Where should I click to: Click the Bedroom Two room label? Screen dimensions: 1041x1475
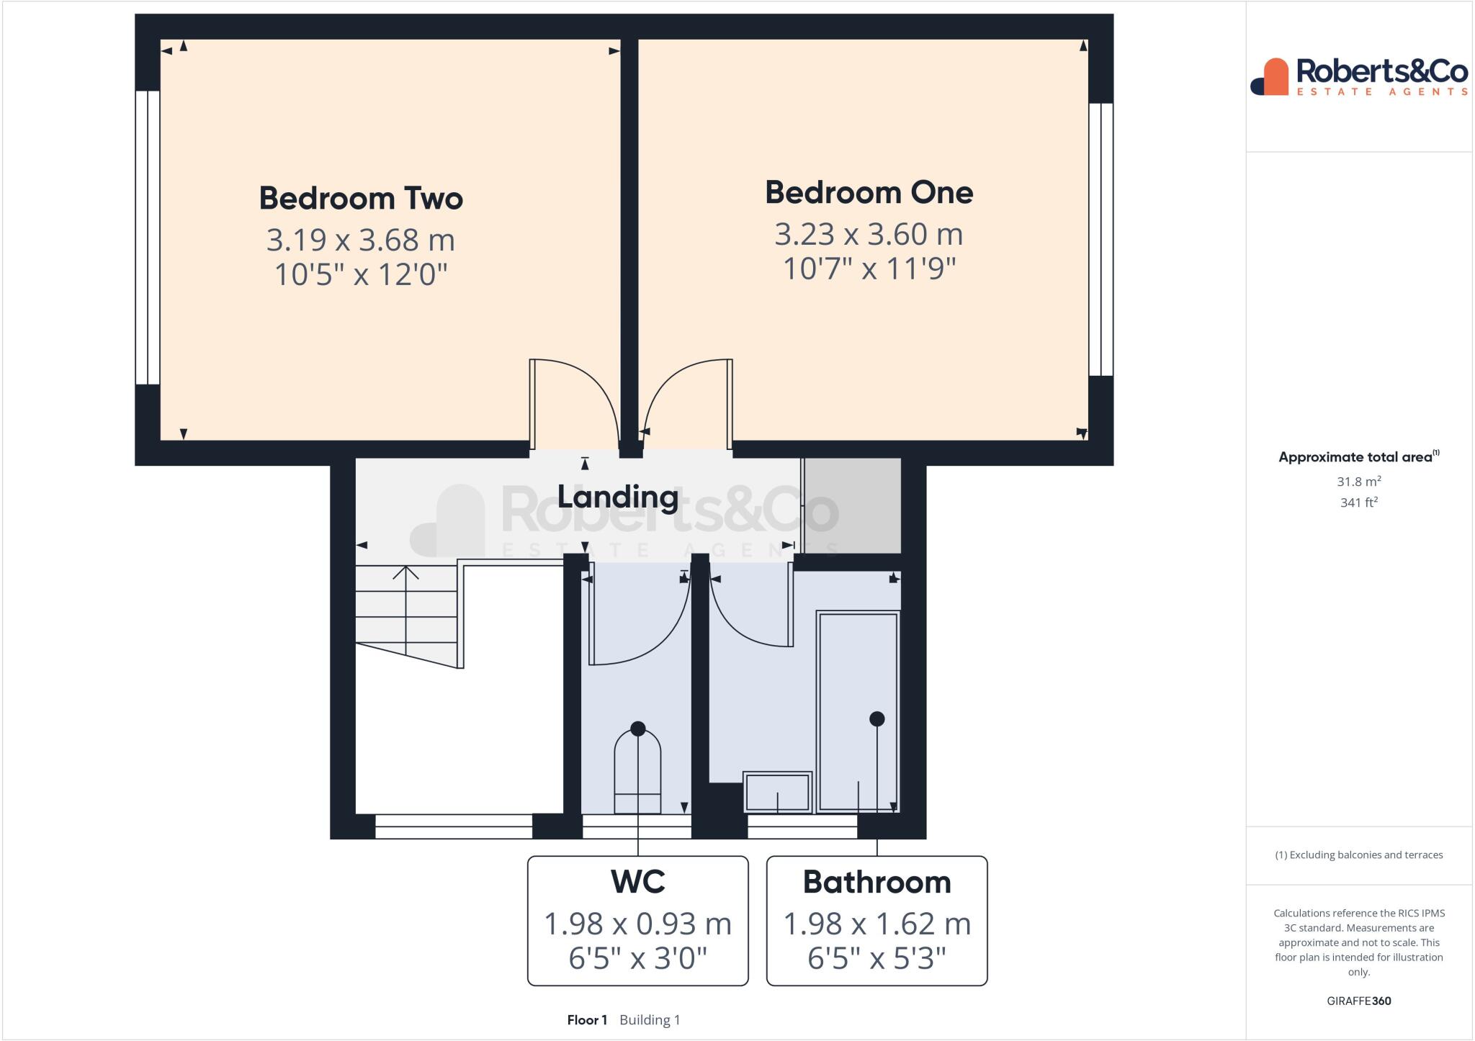coord(360,198)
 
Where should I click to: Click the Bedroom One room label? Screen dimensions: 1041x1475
coord(869,192)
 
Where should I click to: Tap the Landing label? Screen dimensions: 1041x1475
coord(618,497)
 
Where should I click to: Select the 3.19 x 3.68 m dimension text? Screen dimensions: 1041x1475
coord(360,240)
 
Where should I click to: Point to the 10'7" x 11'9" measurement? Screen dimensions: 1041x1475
coord(869,269)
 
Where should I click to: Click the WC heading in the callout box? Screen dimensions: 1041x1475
coord(637,882)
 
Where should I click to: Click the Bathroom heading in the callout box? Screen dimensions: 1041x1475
coord(877,882)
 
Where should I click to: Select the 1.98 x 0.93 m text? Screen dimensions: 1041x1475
coord(637,924)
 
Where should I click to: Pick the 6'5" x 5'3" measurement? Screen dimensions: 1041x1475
coord(877,958)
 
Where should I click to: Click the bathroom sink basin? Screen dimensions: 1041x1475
coord(777,792)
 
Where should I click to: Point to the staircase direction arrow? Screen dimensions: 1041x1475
coord(405,576)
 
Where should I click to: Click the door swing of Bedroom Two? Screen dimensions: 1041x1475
coord(576,403)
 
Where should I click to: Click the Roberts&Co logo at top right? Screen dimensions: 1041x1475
coord(1358,77)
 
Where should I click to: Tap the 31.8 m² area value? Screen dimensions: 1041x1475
coord(1358,482)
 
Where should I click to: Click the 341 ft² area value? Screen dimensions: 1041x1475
coord(1358,503)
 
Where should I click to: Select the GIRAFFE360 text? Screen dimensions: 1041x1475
coord(1358,1001)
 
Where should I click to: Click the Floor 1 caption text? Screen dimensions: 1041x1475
coord(587,1019)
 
